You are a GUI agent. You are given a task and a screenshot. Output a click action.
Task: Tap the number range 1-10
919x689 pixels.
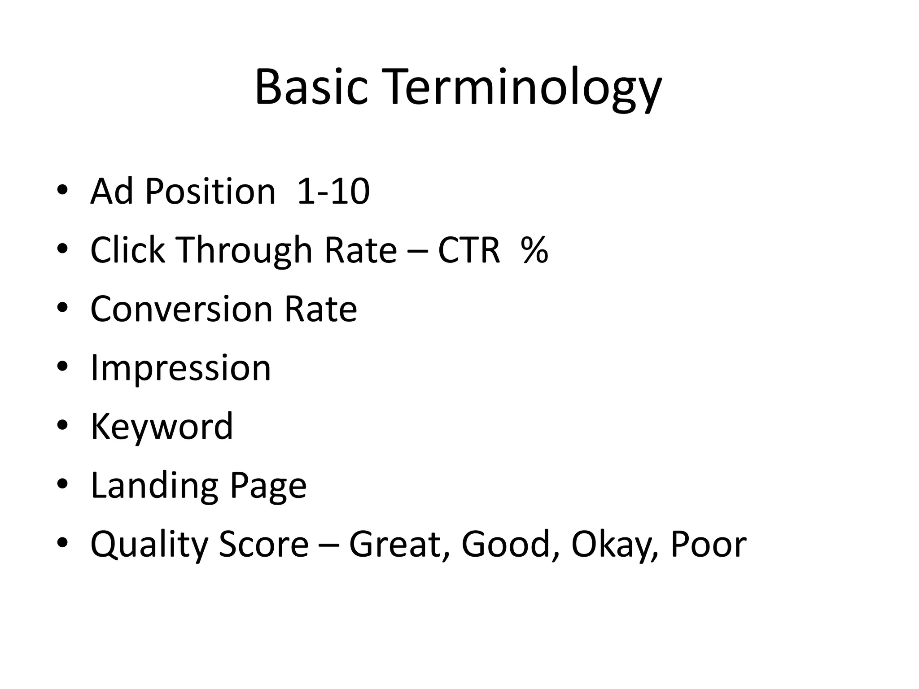(333, 192)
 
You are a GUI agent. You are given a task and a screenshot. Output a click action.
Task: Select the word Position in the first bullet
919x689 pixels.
(210, 192)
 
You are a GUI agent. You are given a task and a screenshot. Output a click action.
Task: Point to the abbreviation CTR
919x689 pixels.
(468, 250)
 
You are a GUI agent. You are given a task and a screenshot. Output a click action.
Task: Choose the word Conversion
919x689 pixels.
(181, 309)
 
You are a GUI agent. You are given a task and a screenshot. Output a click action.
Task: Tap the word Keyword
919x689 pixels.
(162, 427)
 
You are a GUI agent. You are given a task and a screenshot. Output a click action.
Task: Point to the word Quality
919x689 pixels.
(149, 545)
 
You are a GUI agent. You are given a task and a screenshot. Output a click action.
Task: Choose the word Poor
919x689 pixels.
(708, 544)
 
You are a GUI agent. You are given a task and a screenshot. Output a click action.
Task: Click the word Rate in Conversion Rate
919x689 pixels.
(321, 309)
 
